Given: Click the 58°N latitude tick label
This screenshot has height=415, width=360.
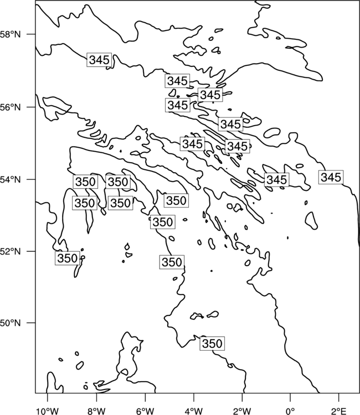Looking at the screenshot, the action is [x=11, y=34].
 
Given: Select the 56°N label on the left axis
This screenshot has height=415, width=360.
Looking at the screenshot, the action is [x=11, y=107].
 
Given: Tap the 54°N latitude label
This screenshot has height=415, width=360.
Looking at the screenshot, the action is [x=11, y=180].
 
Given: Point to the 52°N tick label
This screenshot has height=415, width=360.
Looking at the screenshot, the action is [x=11, y=251].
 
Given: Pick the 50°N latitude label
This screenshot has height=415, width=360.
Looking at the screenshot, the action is [x=11, y=323].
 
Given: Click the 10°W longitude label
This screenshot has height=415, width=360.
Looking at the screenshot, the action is [x=47, y=411].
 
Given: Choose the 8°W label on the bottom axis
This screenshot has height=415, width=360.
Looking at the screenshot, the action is [x=96, y=411].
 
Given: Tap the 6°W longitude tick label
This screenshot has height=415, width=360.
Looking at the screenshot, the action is [x=145, y=411].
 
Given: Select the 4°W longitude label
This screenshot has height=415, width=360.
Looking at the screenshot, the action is [x=194, y=411].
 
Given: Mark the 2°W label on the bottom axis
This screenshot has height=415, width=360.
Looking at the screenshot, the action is [x=242, y=411].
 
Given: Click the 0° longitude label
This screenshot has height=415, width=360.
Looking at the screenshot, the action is [x=290, y=411].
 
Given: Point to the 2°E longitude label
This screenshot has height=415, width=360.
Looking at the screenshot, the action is [x=339, y=411].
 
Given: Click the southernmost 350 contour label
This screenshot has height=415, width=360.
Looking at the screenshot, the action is [x=212, y=344].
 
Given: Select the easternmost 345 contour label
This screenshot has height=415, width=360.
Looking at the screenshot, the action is [x=331, y=177].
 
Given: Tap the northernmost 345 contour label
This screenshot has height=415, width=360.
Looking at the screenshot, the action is [x=99, y=60].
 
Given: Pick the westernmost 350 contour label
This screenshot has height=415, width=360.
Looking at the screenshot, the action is [x=67, y=258].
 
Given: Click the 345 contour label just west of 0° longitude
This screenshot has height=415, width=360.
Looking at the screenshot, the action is [x=276, y=180].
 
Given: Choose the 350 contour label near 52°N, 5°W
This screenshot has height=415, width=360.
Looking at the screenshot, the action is [x=172, y=262].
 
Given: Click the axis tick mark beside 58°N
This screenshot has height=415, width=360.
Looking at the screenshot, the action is [x=31, y=34].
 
